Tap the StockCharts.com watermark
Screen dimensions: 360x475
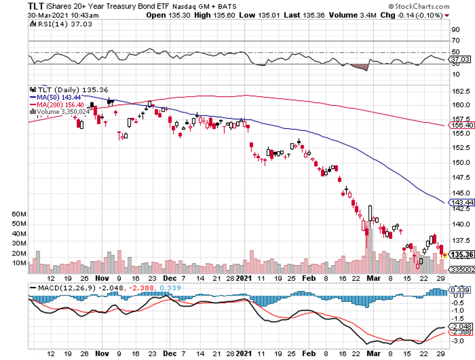421,7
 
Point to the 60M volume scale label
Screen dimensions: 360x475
18,214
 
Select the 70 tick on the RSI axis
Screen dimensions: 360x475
456,41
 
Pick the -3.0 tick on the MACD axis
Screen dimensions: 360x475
458,341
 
